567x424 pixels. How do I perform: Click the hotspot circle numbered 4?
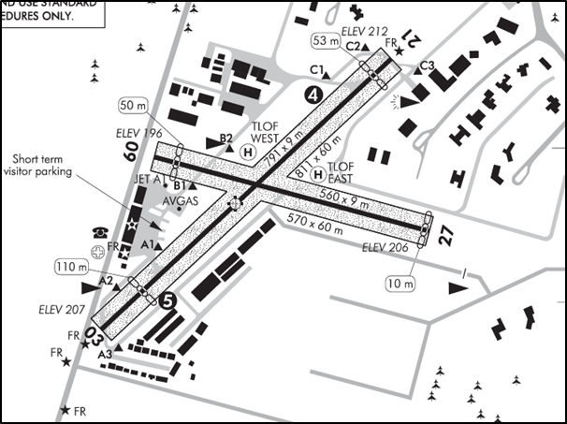pyautogui.click(x=313, y=95)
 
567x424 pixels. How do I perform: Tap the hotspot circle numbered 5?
pyautogui.click(x=167, y=300)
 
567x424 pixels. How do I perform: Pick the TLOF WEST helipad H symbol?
pyautogui.click(x=248, y=152)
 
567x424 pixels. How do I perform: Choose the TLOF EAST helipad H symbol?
pyautogui.click(x=318, y=175)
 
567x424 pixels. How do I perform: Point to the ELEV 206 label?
pyautogui.click(x=384, y=248)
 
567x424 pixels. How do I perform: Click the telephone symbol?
pyautogui.click(x=97, y=231)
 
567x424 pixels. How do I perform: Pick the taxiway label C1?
pyautogui.click(x=316, y=70)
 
